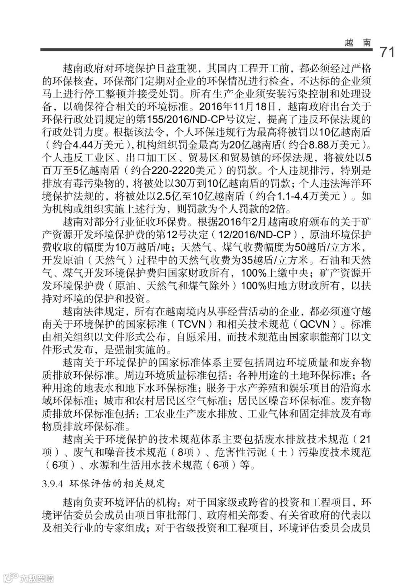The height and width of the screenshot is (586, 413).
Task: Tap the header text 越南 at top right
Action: click(x=358, y=43)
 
